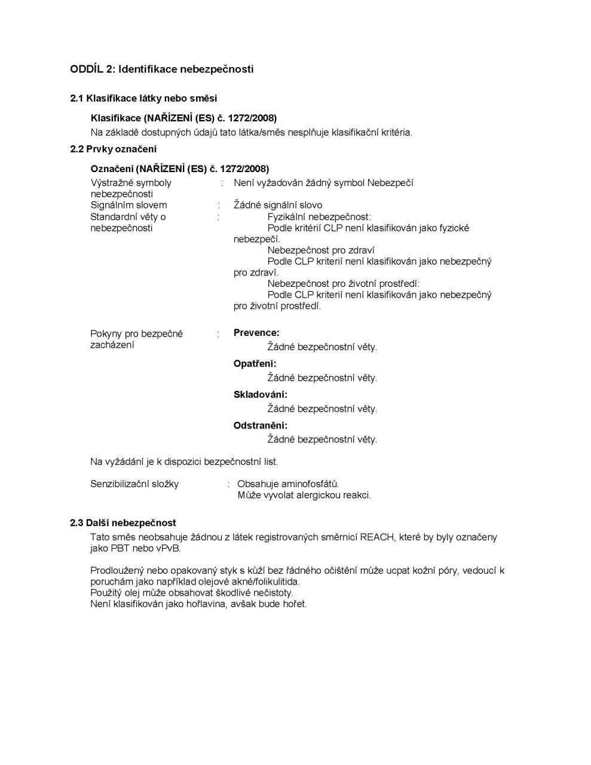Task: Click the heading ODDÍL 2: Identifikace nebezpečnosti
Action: tap(161, 69)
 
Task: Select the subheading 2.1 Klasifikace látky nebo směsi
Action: tap(143, 98)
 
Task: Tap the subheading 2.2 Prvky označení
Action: tap(113, 149)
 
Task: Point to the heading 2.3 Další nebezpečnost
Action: tap(123, 523)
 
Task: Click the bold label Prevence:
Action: tap(256, 333)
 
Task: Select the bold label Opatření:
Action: tap(255, 364)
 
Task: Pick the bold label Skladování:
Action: tap(260, 394)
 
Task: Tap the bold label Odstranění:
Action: tap(260, 426)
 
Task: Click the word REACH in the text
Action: tap(376, 537)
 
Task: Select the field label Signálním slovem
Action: tap(128, 205)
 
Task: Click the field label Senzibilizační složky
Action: tap(134, 484)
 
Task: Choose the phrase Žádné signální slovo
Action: tap(277, 205)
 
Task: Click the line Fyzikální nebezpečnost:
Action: tap(319, 216)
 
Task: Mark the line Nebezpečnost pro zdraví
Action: tap(320, 250)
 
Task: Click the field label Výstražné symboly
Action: tap(130, 183)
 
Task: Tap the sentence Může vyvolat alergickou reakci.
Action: tap(304, 495)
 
